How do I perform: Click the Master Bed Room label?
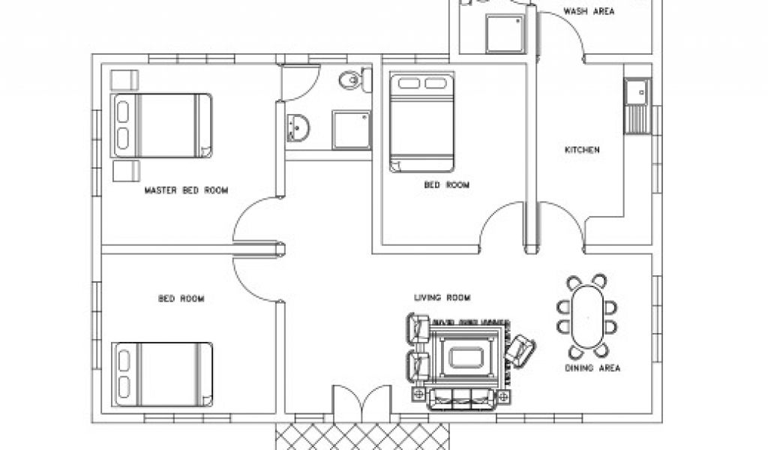click(186, 190)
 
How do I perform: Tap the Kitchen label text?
click(582, 150)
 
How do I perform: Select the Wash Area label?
click(589, 11)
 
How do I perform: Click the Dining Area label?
click(592, 368)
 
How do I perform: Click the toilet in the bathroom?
click(350, 79)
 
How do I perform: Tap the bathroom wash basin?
click(297, 127)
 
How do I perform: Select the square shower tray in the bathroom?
click(352, 130)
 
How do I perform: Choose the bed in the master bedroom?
click(161, 125)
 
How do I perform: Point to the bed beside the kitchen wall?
click(421, 121)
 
